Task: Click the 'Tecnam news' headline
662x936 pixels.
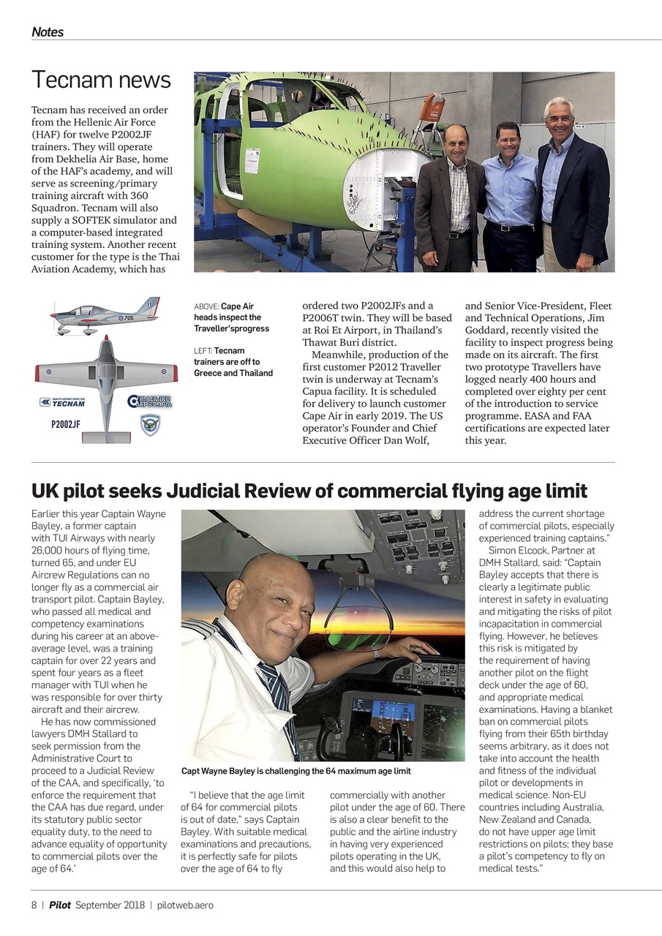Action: pos(101,80)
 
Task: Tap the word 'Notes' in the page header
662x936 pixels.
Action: pos(48,32)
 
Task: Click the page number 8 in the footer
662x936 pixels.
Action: pos(34,905)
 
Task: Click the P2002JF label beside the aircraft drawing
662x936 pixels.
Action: pos(66,424)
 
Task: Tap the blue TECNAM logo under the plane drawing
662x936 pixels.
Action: pos(62,402)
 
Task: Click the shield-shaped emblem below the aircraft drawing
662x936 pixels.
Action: pos(150,425)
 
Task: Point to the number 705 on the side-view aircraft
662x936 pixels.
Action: pos(127,318)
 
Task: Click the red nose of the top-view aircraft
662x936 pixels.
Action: pos(106,341)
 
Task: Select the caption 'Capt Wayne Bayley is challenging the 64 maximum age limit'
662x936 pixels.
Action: pos(296,771)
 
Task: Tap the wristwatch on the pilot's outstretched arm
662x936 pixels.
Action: pos(375,653)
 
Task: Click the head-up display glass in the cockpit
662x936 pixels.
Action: pos(358,622)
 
